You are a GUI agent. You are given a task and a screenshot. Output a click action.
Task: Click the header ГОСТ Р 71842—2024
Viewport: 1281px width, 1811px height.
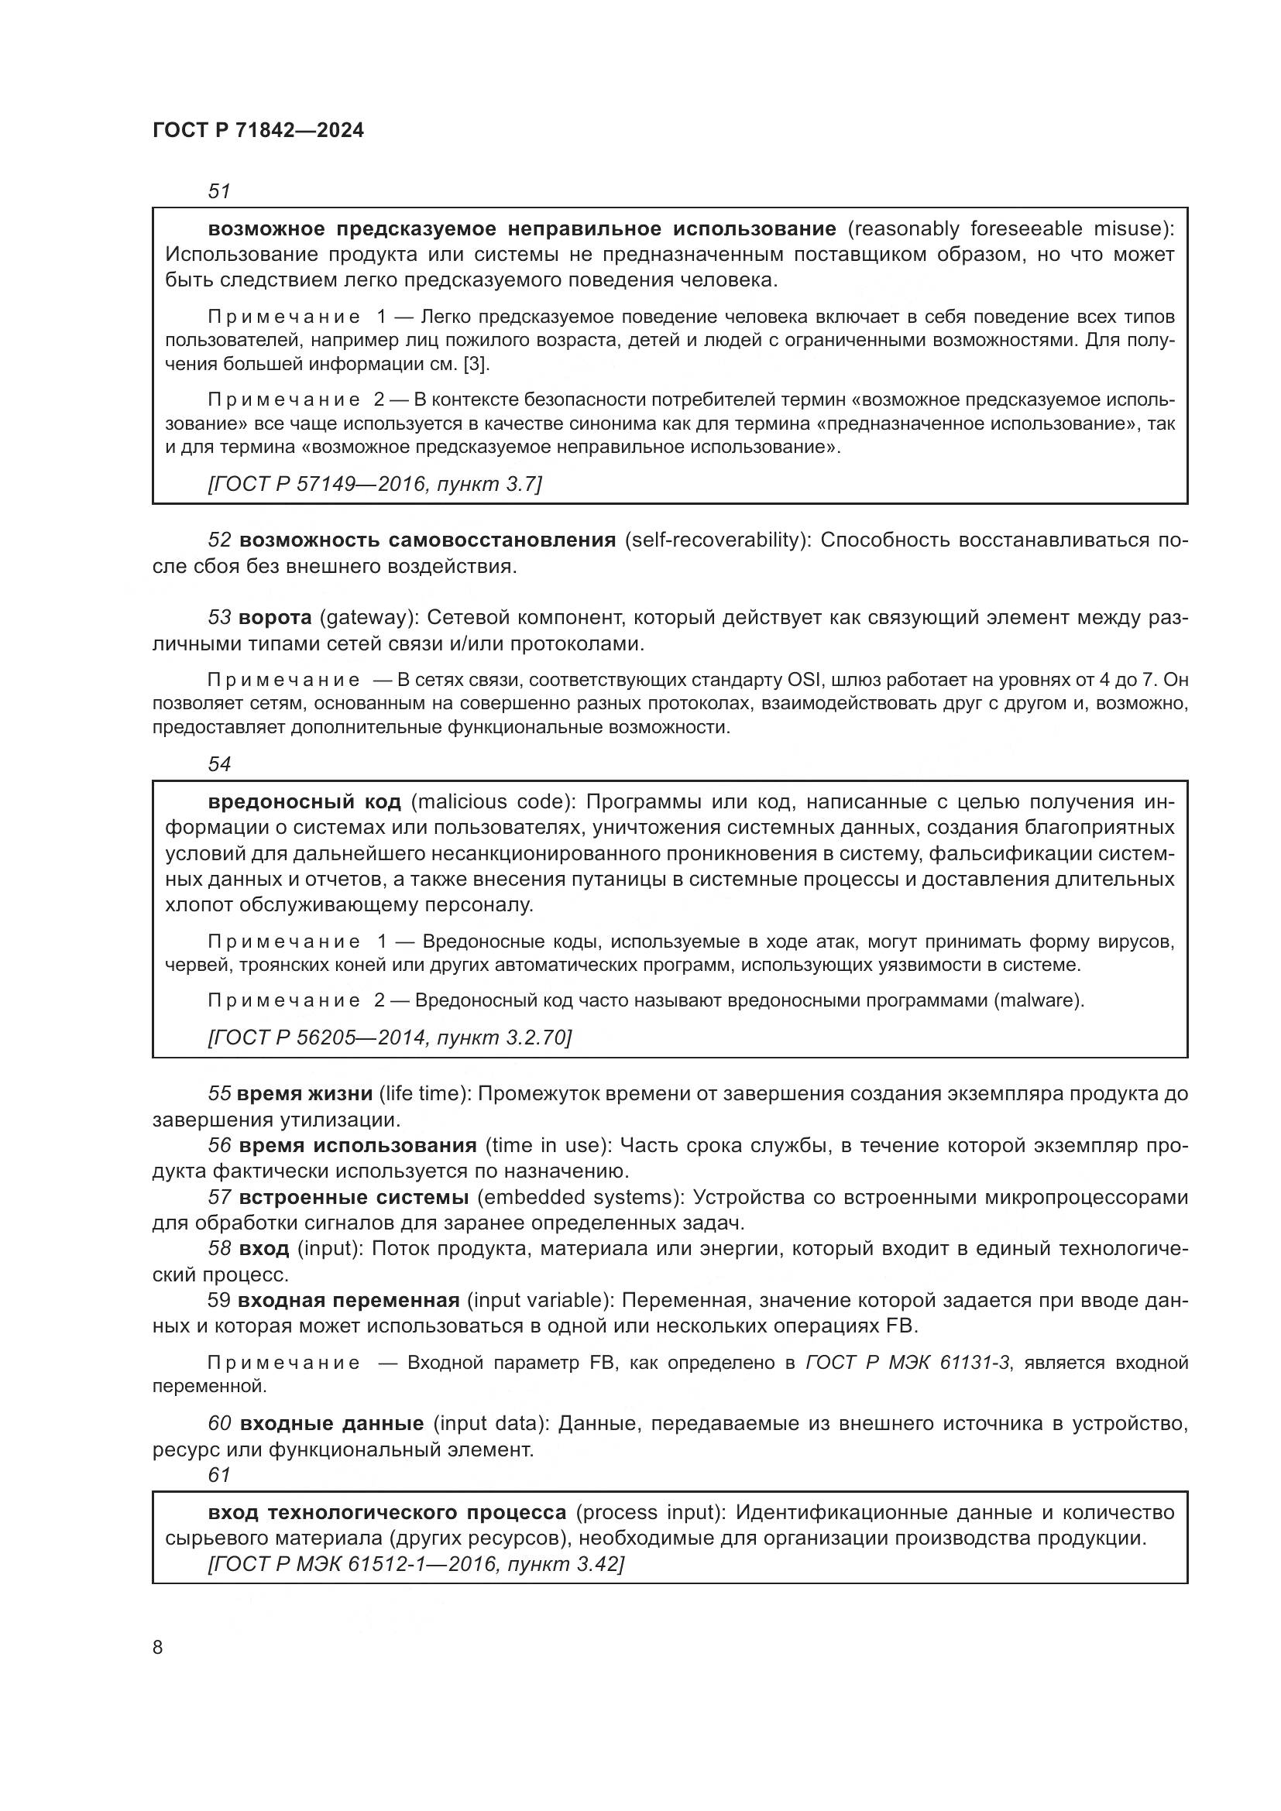pyautogui.click(x=258, y=131)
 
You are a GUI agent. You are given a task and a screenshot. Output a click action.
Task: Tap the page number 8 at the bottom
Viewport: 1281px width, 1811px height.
pyautogui.click(x=158, y=1647)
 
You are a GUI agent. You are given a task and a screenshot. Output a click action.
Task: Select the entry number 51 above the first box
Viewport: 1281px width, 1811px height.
pyautogui.click(x=218, y=191)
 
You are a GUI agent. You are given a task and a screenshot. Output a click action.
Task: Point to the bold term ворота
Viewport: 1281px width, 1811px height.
pyautogui.click(x=275, y=618)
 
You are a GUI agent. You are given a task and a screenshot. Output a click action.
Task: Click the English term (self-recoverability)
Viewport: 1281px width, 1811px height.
pyautogui.click(x=717, y=540)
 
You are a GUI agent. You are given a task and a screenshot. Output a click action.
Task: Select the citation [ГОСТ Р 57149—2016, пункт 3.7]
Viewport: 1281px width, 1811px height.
pyautogui.click(x=375, y=483)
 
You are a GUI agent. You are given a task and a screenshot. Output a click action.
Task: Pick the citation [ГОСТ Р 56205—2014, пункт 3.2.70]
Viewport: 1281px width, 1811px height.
pyautogui.click(x=390, y=1038)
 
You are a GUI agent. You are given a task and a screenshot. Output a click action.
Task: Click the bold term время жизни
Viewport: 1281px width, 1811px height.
pyautogui.click(x=304, y=1094)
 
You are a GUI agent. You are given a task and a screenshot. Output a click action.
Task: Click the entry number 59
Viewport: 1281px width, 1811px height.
pyautogui.click(x=219, y=1300)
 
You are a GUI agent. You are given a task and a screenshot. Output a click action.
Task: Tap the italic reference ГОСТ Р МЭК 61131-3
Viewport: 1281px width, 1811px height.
pyautogui.click(x=907, y=1362)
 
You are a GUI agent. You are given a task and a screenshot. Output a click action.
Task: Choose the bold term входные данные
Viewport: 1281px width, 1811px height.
pyautogui.click(x=331, y=1424)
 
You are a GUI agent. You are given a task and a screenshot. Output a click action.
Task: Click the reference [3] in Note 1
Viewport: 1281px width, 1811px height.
pyautogui.click(x=476, y=364)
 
